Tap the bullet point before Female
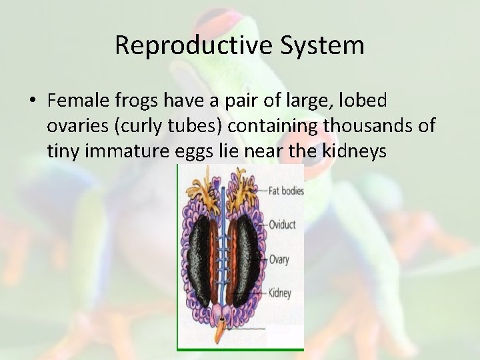pyautogui.click(x=32, y=101)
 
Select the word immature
pyautogui.click(x=132, y=151)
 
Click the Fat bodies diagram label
pyautogui.click(x=286, y=191)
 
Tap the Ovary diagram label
pyautogui.click(x=279, y=259)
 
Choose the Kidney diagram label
pyautogui.click(x=280, y=293)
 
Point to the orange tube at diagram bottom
pyautogui.click(x=219, y=337)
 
